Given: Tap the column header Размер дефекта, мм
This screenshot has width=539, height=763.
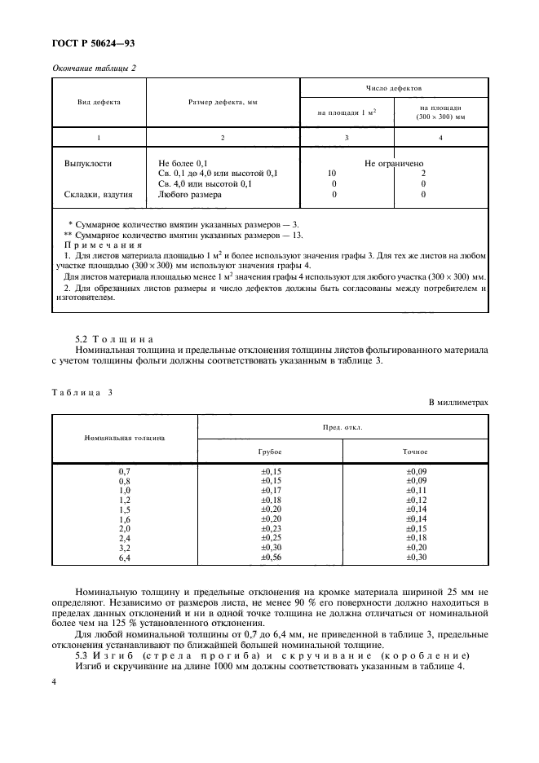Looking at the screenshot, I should [223, 104].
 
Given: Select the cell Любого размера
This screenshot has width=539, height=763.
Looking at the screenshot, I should [189, 195].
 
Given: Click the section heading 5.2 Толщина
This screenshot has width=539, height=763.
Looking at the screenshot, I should [108, 338].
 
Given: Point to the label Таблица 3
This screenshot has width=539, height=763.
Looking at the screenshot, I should [82, 392].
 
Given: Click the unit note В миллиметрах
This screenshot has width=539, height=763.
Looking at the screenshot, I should [457, 404].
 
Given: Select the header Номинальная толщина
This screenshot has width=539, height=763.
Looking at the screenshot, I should [125, 437].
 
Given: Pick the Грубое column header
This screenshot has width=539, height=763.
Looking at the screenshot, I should [270, 451].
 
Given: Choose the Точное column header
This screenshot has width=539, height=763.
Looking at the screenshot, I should [415, 451].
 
